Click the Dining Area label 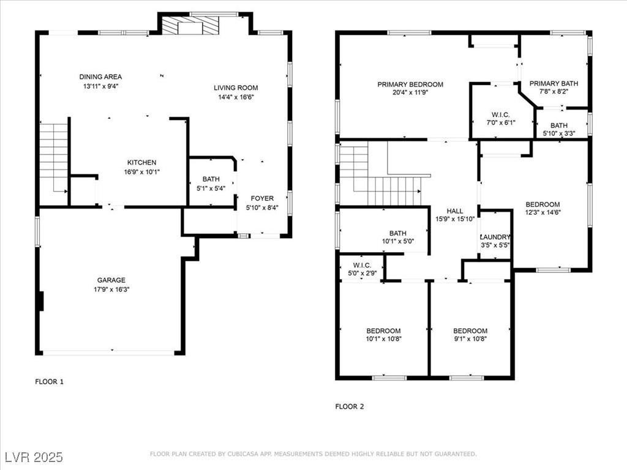pos(100,76)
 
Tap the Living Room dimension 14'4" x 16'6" pos(236,97)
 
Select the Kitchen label pos(141,162)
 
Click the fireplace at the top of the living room pos(191,26)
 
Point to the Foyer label pos(262,198)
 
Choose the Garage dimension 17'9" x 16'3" pos(111,289)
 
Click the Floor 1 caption pos(49,382)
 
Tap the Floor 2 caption pos(350,406)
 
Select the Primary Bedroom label pos(410,84)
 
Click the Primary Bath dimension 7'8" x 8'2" pos(554,92)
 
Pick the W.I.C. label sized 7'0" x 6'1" pos(501,114)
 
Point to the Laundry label pos(495,237)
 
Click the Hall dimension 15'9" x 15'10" pos(455,219)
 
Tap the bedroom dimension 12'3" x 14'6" pos(543,212)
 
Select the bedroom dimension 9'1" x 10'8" pos(470,339)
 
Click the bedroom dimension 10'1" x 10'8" pos(383,339)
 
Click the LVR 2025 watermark pos(34,457)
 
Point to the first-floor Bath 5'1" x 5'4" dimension pos(211,188)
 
